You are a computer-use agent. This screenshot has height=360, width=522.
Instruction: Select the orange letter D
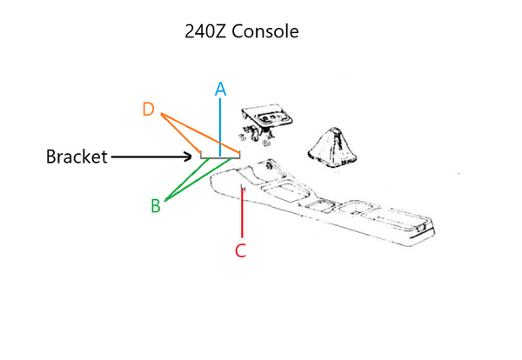tap(150, 110)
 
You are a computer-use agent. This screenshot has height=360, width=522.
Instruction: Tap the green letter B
tap(156, 206)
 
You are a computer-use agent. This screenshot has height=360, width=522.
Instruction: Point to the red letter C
tap(241, 250)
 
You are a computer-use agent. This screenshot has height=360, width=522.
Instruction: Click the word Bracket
tap(77, 157)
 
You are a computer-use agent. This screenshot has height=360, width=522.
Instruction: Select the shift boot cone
tap(331, 148)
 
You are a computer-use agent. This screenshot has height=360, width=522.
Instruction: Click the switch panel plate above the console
tap(268, 117)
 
